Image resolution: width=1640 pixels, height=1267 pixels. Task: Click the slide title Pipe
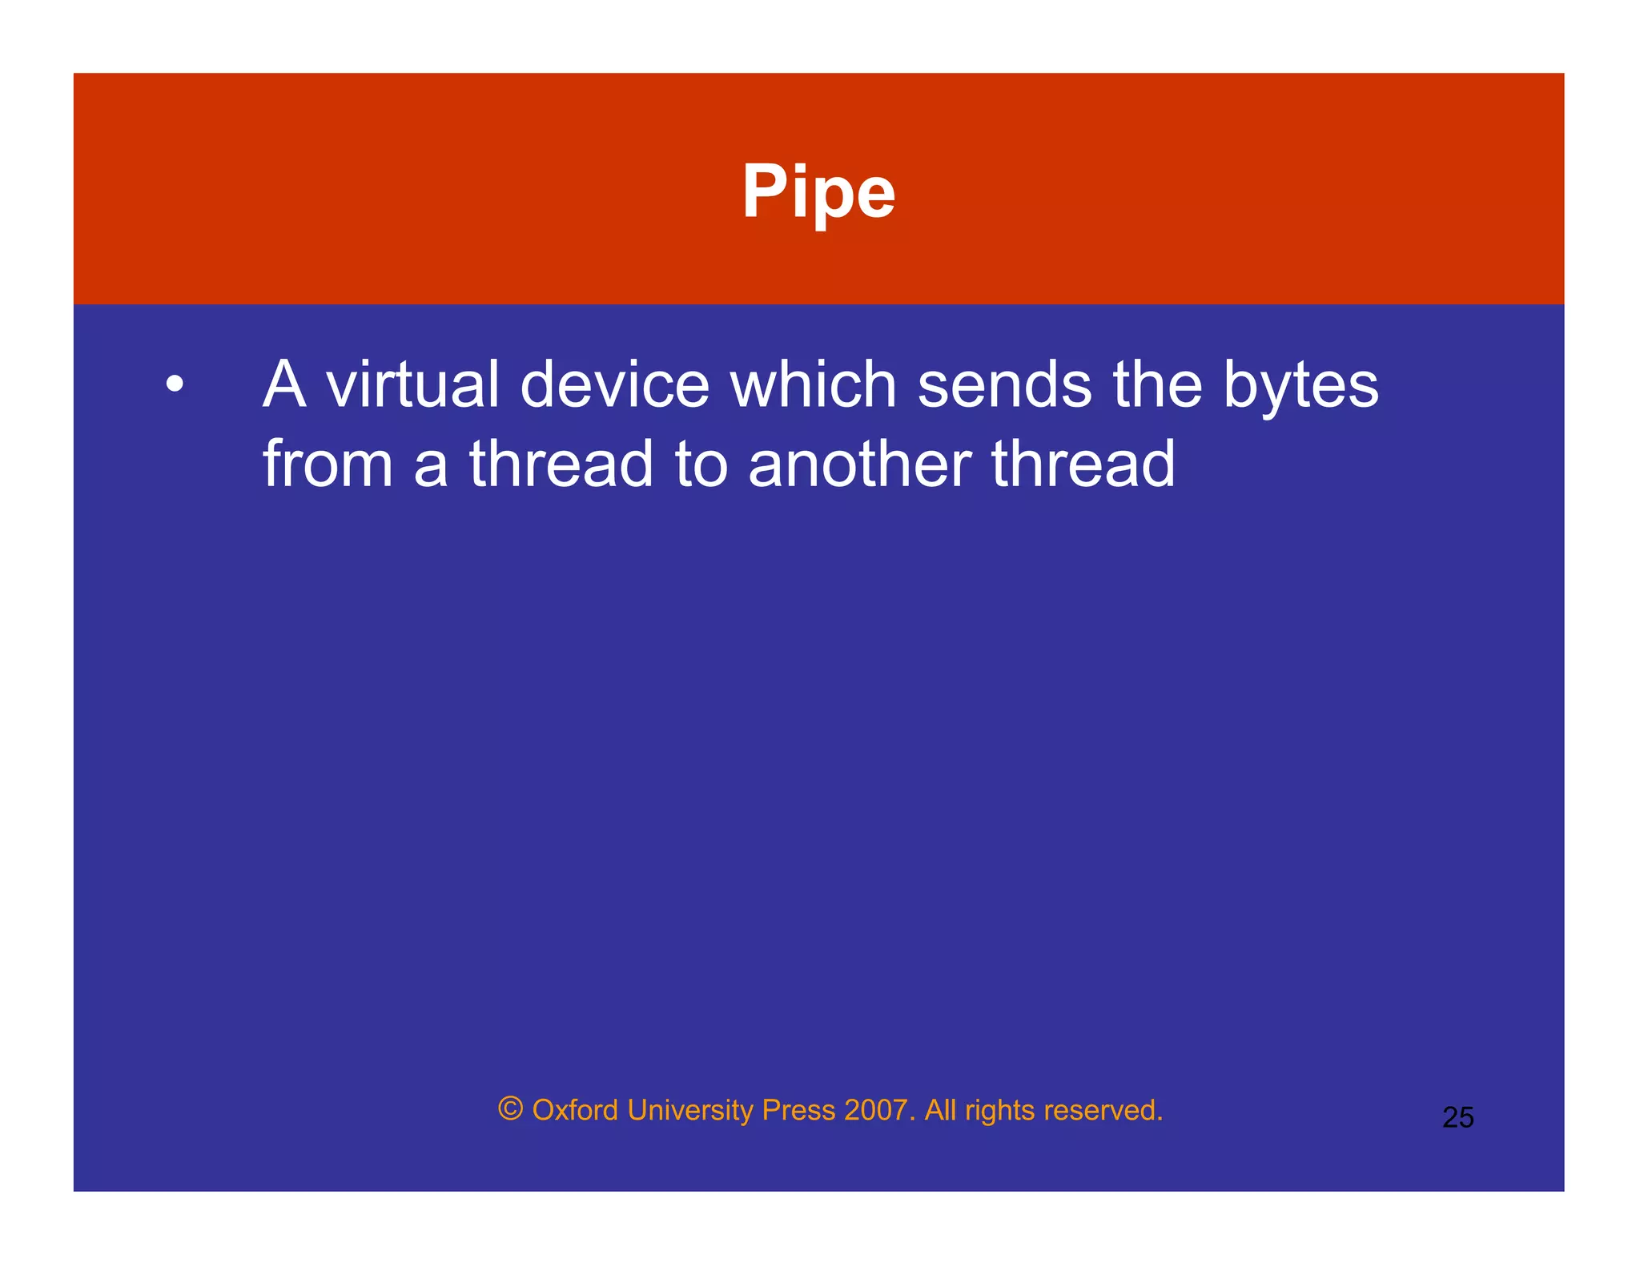[x=818, y=192]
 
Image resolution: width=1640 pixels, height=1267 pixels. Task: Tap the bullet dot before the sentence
[x=175, y=384]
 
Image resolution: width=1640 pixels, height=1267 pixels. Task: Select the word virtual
[x=413, y=384]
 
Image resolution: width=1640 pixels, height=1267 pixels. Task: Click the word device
[x=614, y=384]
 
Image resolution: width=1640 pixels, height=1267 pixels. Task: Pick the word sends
[x=1004, y=384]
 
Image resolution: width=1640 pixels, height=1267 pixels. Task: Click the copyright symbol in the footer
[x=510, y=1109]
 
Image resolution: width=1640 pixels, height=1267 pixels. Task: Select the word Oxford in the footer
[x=575, y=1111]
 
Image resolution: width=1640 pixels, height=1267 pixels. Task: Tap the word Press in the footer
[x=798, y=1111]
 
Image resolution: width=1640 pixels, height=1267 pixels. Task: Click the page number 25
[x=1457, y=1117]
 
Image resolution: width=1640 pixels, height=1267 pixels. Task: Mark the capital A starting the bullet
[x=284, y=384]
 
